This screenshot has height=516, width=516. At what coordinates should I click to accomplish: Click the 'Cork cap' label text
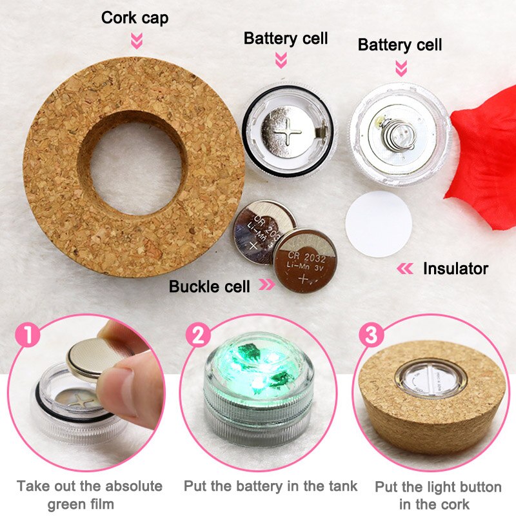click(135, 17)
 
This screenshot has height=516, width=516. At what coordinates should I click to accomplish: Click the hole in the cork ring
click(134, 158)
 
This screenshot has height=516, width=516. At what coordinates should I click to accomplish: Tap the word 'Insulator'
click(455, 268)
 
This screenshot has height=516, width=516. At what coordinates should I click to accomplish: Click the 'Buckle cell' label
click(209, 286)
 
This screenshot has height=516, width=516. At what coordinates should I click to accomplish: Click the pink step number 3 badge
click(370, 335)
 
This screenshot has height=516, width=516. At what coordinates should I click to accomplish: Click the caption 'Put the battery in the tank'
click(270, 486)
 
